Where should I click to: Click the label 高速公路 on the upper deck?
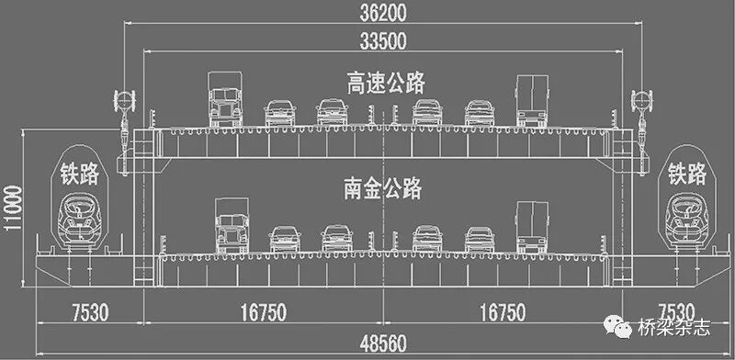[x=386, y=84]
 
